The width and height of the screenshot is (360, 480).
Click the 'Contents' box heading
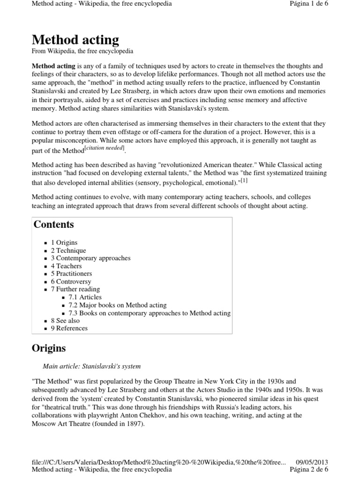[x=54, y=224]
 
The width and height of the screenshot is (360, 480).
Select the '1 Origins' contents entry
[x=64, y=243]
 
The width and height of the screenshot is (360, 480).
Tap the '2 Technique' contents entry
[x=68, y=250]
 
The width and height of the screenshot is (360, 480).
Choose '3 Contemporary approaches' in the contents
[x=90, y=258]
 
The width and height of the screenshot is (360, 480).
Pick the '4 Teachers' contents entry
[x=66, y=266]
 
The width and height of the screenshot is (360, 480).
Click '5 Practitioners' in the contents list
[x=71, y=274]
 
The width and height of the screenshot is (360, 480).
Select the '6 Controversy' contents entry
[x=71, y=282]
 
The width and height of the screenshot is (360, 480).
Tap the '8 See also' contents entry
[x=65, y=321]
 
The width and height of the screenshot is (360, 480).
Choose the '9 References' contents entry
[x=69, y=328]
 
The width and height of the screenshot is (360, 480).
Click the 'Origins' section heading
[x=49, y=348]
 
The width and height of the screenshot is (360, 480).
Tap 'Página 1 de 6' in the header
[x=309, y=4]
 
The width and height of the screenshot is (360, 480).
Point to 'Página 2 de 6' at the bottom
[x=309, y=469]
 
